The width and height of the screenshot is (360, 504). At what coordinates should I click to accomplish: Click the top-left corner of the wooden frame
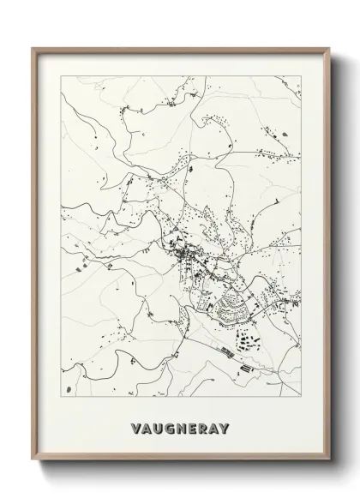click(x=33, y=48)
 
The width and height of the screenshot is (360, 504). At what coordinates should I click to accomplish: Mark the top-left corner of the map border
click(x=59, y=76)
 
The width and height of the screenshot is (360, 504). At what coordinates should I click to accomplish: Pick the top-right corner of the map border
click(x=301, y=76)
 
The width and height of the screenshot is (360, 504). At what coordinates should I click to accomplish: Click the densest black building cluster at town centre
click(x=183, y=253)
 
